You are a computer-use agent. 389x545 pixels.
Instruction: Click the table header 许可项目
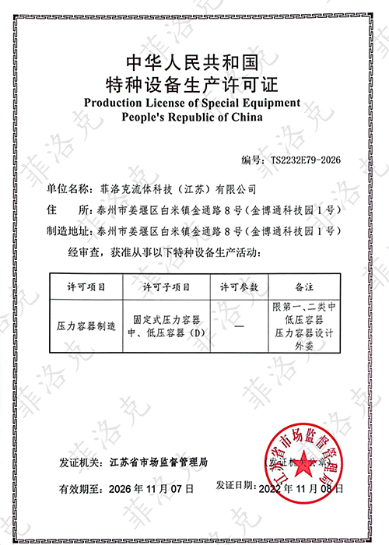pos(82,287)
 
